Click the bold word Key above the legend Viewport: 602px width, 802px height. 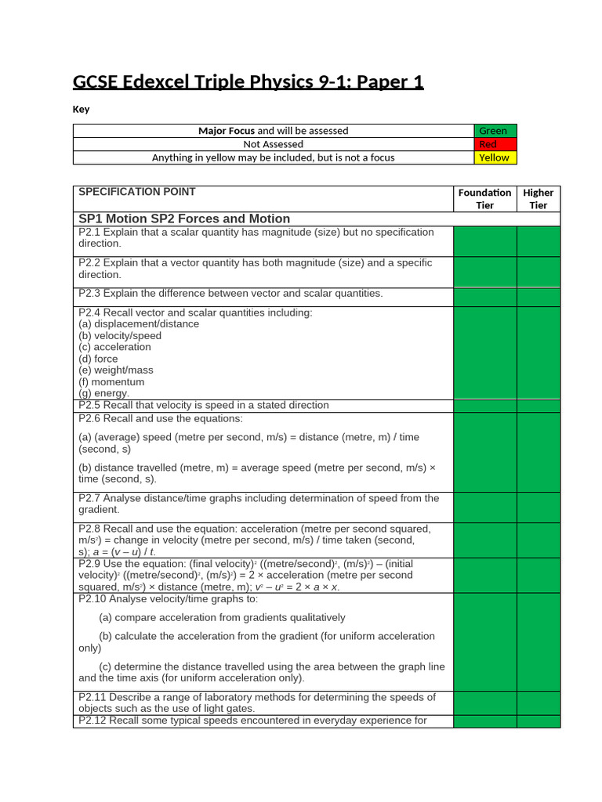click(x=81, y=110)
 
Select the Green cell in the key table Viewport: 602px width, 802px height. click(x=495, y=131)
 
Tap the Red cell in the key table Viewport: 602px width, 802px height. click(x=495, y=144)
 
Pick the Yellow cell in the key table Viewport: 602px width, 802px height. click(x=495, y=157)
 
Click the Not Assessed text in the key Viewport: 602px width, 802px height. click(x=273, y=144)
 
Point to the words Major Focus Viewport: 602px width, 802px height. click(x=227, y=131)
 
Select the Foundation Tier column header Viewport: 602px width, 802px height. click(x=484, y=199)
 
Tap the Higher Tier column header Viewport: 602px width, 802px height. click(x=539, y=199)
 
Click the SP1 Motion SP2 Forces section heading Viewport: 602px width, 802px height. click(x=184, y=219)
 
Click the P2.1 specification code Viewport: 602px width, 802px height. click(x=89, y=233)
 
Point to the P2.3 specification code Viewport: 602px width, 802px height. click(x=89, y=294)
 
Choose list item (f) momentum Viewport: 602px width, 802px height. click(x=111, y=382)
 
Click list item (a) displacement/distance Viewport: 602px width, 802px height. click(x=139, y=323)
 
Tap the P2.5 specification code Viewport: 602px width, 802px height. click(x=89, y=406)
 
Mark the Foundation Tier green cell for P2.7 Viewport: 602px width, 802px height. click(x=484, y=508)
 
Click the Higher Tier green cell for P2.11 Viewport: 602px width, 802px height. click(x=539, y=703)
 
